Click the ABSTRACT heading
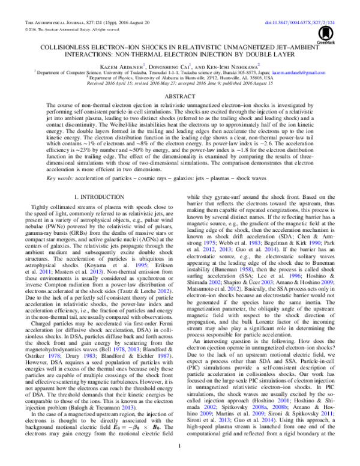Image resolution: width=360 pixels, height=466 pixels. tap(180, 95)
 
